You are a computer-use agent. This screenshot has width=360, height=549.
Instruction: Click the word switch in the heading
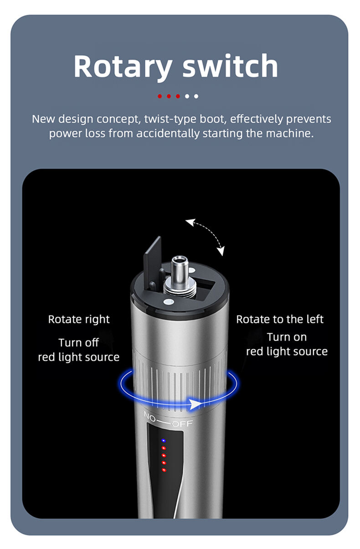(230, 66)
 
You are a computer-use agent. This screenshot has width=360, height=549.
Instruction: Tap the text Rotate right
(79, 320)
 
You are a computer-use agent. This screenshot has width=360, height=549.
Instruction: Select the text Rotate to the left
(280, 319)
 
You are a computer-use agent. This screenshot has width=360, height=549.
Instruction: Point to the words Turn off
(79, 342)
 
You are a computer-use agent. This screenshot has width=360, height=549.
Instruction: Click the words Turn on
(287, 337)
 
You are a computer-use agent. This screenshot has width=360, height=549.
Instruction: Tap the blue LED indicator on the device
(164, 440)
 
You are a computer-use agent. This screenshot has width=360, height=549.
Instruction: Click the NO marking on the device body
(149, 417)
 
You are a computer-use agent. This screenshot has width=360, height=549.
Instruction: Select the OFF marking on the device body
(182, 424)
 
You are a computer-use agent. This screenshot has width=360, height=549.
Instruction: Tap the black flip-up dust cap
(152, 262)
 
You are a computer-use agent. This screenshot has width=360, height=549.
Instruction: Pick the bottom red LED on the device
(164, 470)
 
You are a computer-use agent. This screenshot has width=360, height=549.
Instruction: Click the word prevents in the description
(309, 119)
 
